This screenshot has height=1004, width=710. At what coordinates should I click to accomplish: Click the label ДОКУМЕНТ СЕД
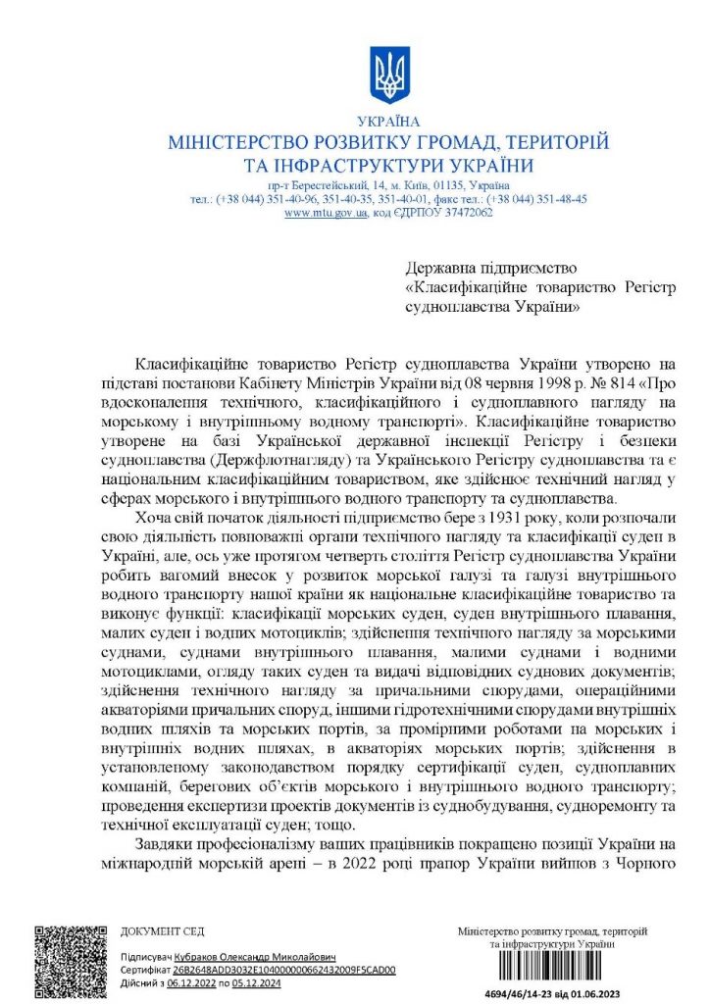[x=162, y=931]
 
